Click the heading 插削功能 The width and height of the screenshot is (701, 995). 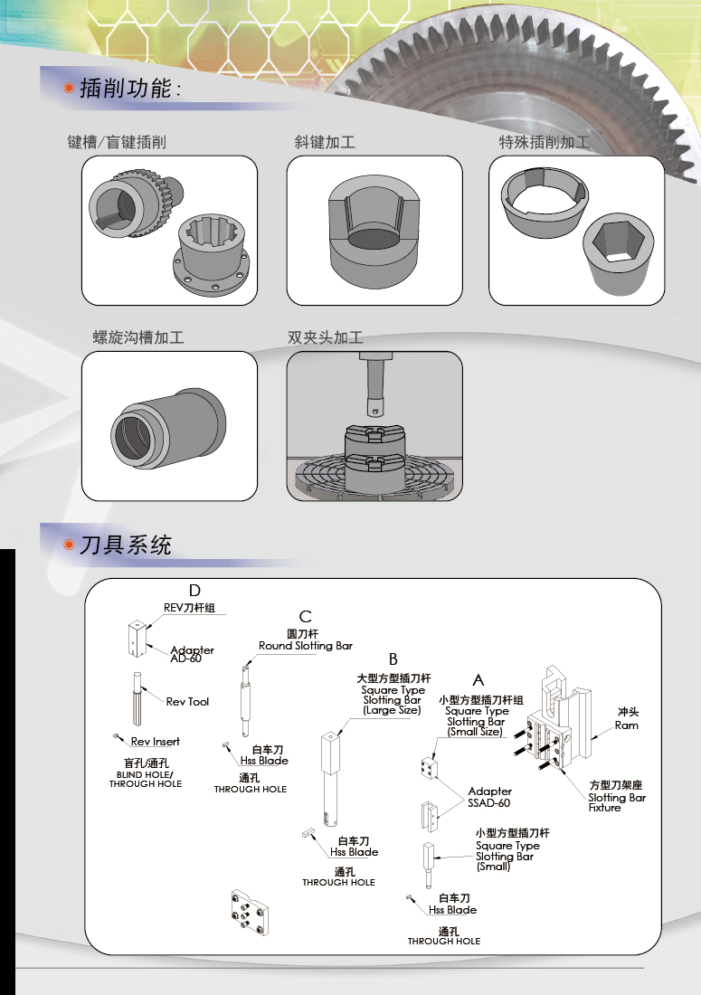[129, 89]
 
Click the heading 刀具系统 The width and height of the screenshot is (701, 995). [126, 545]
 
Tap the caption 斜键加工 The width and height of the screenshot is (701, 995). [324, 142]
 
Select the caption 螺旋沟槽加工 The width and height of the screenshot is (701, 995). [138, 337]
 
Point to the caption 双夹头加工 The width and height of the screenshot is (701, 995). [325, 337]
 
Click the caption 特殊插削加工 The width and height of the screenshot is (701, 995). [545, 142]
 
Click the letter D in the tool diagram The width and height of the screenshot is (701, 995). [194, 591]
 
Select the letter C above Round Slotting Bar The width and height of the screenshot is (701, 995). [306, 616]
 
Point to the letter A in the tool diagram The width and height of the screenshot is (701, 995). [478, 678]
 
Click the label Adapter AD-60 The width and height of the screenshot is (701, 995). [192, 654]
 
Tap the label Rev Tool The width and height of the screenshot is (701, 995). [187, 701]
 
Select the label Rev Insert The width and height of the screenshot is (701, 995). [155, 741]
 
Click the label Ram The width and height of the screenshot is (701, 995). [627, 725]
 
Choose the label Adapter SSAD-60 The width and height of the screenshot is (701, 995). [489, 797]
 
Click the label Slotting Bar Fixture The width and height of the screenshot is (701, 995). [617, 802]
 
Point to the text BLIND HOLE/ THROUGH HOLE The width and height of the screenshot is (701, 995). [146, 779]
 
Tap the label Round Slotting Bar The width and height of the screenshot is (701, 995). [306, 646]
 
